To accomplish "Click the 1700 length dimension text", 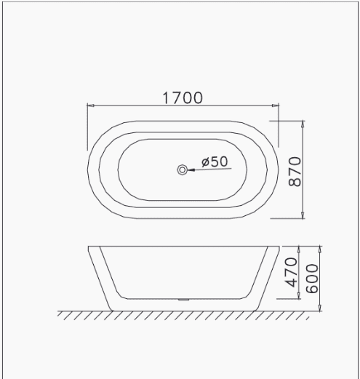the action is pos(183,98).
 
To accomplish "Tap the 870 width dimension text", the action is pos(295,172).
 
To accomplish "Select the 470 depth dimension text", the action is pos(291,272).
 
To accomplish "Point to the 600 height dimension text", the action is pos(312,279).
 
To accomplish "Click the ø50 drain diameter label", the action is pos(215,161).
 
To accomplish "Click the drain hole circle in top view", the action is pos(182,169).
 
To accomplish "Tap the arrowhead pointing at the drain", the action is pos(191,169).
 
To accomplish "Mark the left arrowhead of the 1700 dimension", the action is pos(90,105).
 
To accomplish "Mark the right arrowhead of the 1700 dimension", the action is pos(276,105).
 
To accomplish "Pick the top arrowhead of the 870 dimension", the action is pos(303,124).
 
